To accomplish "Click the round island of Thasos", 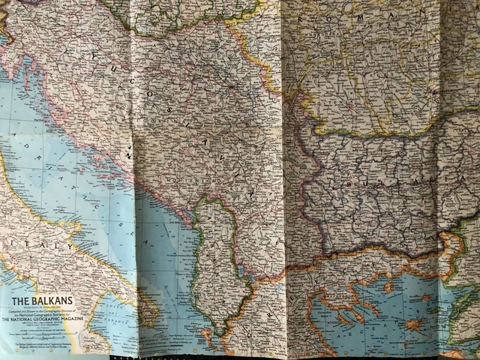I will point(388,286).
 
